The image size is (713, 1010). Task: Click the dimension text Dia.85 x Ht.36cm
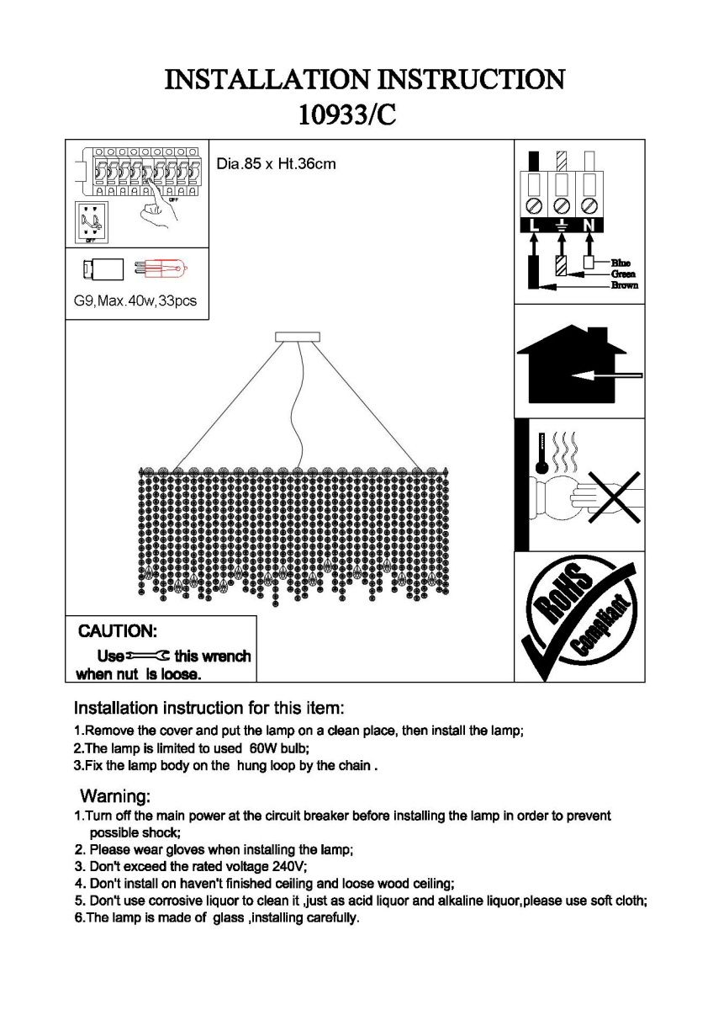[276, 164]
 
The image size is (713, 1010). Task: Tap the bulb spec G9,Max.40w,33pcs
[135, 300]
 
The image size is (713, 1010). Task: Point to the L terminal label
[532, 225]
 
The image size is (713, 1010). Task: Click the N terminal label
[589, 225]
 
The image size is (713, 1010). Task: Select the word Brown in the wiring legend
[624, 285]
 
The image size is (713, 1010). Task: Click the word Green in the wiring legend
[623, 274]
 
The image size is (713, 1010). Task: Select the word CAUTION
[117, 631]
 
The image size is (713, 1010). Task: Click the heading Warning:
[115, 795]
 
